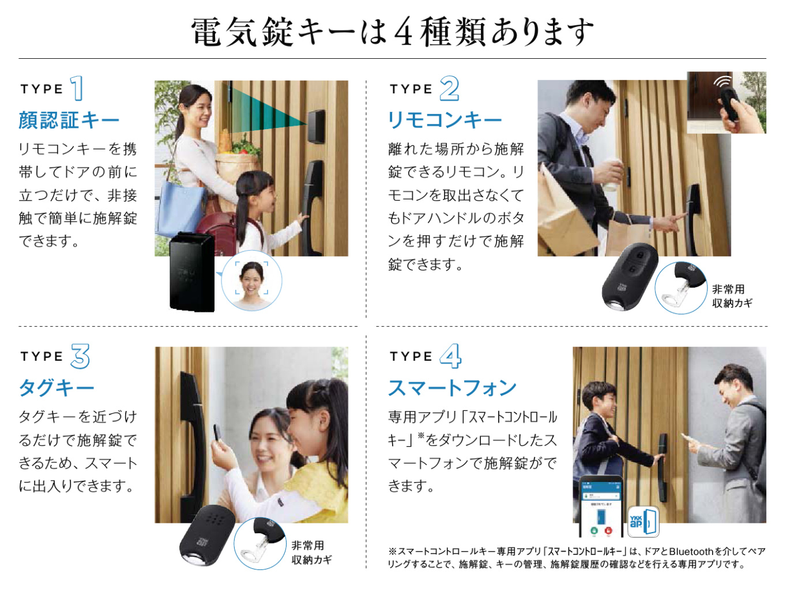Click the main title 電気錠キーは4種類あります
pyautogui.click(x=392, y=32)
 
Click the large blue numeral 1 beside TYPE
pyautogui.click(x=77, y=89)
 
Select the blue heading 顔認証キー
pyautogui.click(x=69, y=120)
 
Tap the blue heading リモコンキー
pyautogui.click(x=445, y=120)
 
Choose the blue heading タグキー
pyautogui.click(x=57, y=388)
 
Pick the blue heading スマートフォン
pyautogui.click(x=452, y=388)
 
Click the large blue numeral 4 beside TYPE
pyautogui.click(x=450, y=356)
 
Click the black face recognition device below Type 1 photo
pyautogui.click(x=191, y=271)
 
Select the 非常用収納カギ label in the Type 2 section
pyautogui.click(x=732, y=296)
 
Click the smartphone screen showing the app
pyautogui.click(x=600, y=507)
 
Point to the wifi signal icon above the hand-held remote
pyautogui.click(x=722, y=81)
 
